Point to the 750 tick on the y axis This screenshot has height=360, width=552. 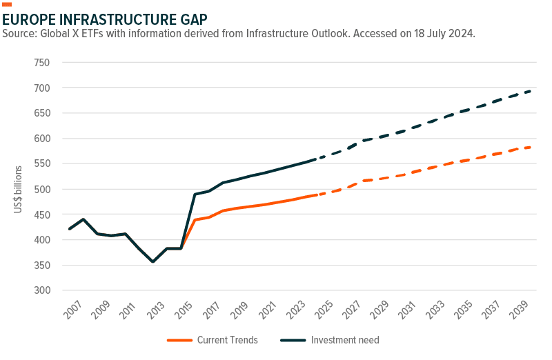click(42, 63)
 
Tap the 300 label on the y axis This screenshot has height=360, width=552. click(42, 290)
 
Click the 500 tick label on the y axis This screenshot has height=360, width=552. click(42, 189)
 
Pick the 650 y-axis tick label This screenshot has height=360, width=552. click(42, 113)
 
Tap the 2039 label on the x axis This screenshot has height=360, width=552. click(519, 312)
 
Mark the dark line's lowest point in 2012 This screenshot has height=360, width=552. click(152, 261)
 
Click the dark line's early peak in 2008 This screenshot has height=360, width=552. click(83, 219)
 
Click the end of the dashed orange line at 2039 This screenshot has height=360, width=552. click(530, 146)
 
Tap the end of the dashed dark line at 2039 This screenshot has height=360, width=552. click(530, 90)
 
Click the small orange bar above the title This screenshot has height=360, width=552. click(7, 4)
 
